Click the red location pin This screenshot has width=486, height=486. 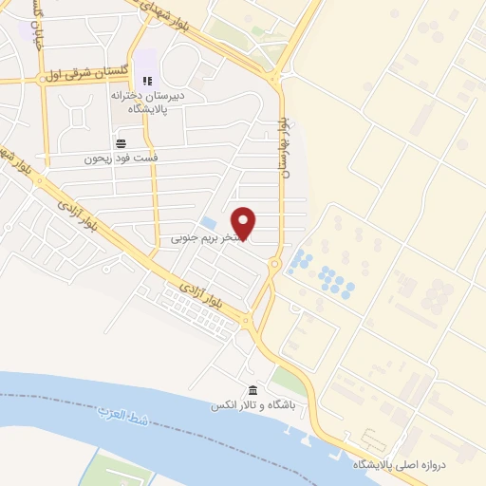[x=245, y=223]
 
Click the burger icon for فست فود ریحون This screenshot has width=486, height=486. [x=121, y=143]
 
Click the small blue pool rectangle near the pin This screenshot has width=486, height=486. [x=208, y=222]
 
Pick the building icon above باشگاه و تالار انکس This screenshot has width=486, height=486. [x=252, y=391]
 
